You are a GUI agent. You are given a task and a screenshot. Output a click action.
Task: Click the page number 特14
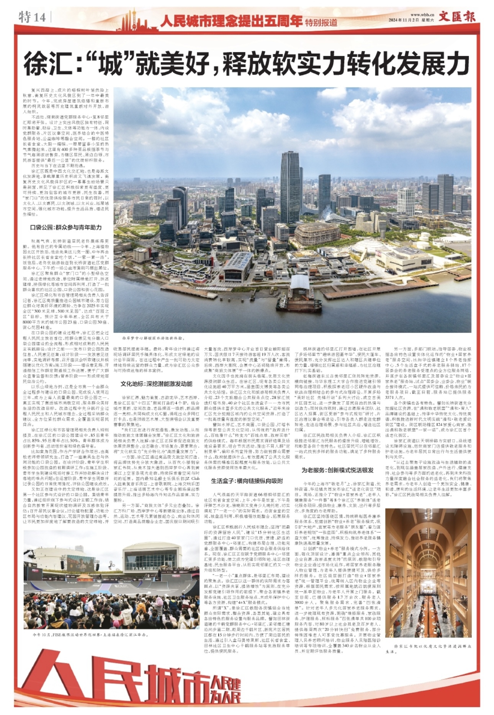tap(32, 17)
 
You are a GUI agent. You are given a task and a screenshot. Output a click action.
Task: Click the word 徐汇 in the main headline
tap(47, 64)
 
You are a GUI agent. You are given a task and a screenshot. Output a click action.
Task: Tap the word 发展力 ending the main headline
tap(432, 64)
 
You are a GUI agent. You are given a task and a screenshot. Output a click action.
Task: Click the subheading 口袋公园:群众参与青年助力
tap(66, 227)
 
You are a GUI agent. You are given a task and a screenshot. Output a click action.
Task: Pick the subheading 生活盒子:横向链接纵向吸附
tap(247, 481)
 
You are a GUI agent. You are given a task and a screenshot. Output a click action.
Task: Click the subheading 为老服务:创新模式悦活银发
tap(337, 470)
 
